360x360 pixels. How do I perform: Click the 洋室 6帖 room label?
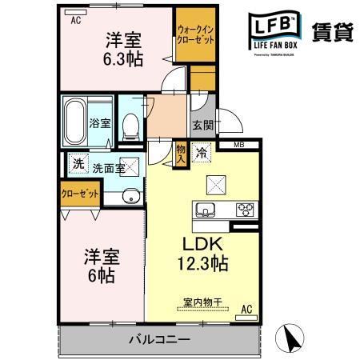click(x=102, y=266)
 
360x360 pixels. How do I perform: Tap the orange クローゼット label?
click(x=79, y=194)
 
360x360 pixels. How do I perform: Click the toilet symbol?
click(x=130, y=122)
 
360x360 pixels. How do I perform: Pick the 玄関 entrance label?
click(x=202, y=125)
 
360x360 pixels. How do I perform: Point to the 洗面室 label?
click(x=108, y=168)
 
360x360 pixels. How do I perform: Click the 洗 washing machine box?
click(x=78, y=162)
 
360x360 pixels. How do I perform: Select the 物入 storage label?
click(x=181, y=152)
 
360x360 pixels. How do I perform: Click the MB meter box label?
click(x=239, y=146)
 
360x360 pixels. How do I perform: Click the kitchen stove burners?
click(x=244, y=211)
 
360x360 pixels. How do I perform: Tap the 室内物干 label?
click(x=202, y=302)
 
